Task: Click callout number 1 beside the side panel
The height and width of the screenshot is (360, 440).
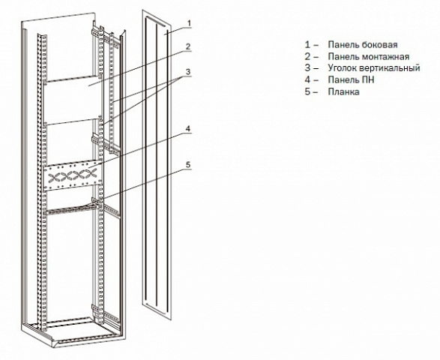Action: pos(189,23)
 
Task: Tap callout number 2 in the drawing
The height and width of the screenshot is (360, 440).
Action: pos(188,46)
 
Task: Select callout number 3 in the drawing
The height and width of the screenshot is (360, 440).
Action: pos(188,72)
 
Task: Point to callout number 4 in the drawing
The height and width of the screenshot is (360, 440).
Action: pos(188,128)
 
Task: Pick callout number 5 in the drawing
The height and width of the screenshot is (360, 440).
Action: pos(188,165)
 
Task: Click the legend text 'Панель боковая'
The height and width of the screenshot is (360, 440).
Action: pos(363,45)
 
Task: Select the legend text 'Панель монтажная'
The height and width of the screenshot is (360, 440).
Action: pos(369,57)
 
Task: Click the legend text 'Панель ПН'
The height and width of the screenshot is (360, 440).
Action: pos(351,80)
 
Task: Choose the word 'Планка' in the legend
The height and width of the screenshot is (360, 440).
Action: pos(344,91)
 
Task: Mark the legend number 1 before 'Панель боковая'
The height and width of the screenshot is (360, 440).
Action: pos(308,45)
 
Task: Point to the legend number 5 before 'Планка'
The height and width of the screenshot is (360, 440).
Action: pos(308,91)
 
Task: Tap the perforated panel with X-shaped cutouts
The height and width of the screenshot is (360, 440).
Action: pos(73,175)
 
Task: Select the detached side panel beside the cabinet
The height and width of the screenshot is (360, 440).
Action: pos(157,166)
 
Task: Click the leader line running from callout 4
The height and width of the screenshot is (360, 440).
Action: pos(139,151)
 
